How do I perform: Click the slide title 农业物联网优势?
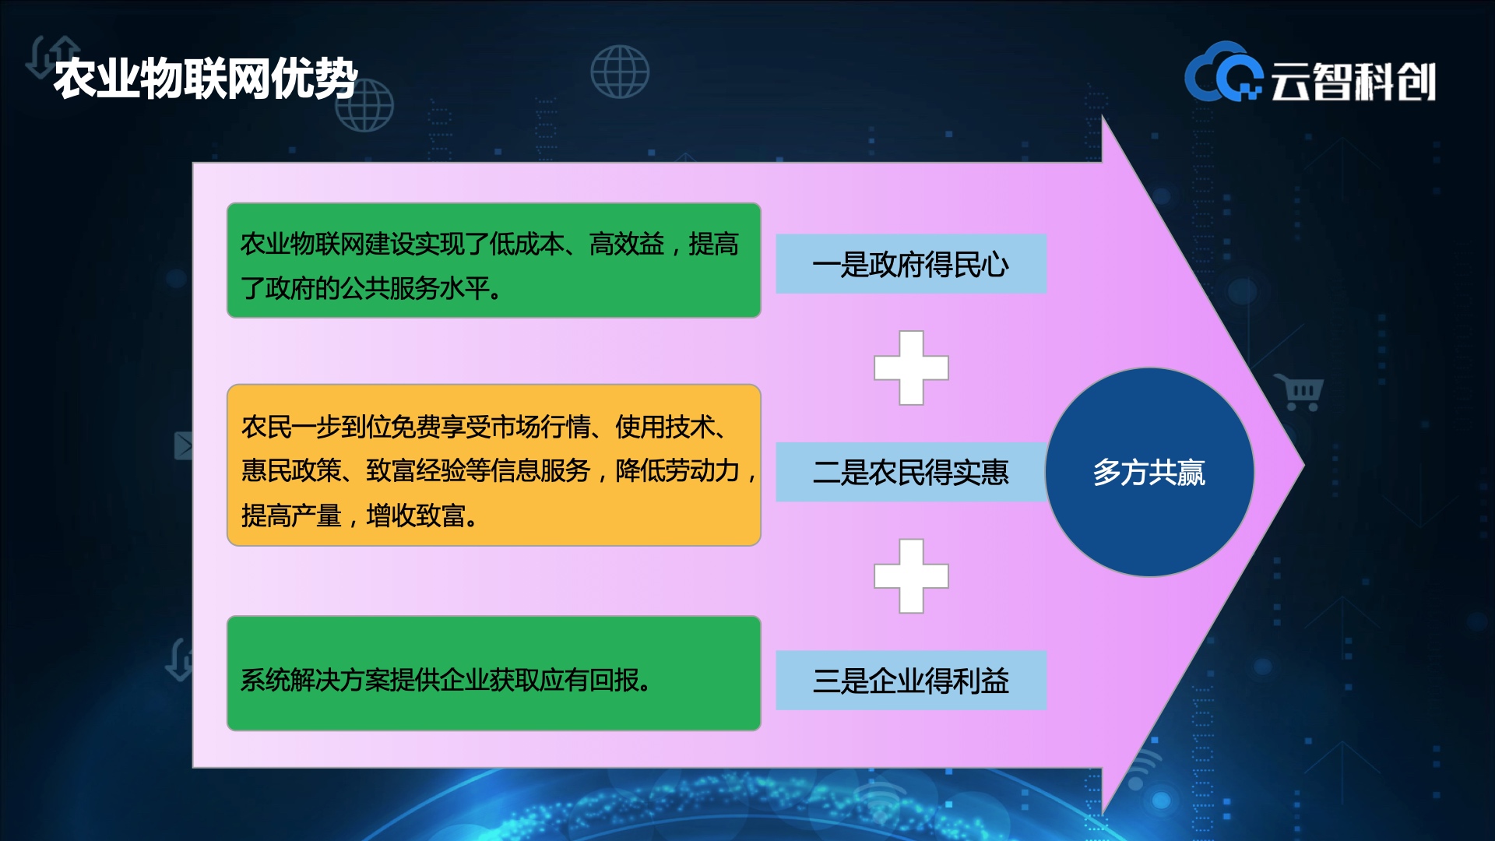[206, 79]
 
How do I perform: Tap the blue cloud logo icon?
[1223, 72]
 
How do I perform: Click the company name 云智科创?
[1353, 82]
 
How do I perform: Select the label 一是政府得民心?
[911, 264]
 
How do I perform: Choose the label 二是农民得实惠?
[911, 472]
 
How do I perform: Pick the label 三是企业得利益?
[911, 681]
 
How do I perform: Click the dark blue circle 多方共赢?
[1149, 472]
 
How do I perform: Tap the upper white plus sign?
[911, 368]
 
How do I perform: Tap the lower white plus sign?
[911, 576]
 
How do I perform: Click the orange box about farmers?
[494, 465]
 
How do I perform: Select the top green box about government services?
[494, 260]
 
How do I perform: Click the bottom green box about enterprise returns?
[494, 674]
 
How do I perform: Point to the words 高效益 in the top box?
[627, 245]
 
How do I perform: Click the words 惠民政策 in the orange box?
[291, 470]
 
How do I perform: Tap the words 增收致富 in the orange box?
[416, 516]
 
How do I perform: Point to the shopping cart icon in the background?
[1299, 392]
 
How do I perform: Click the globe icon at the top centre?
[620, 72]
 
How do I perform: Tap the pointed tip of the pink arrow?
[1303, 466]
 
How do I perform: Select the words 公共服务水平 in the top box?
[415, 289]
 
